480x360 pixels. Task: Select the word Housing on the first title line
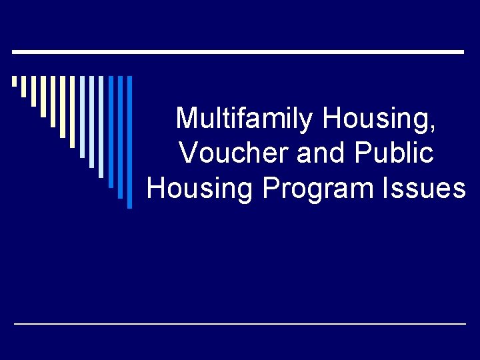click(x=378, y=119)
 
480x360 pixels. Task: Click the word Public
click(x=395, y=153)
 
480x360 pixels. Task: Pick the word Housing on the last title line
click(x=200, y=188)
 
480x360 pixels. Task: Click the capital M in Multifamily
click(x=187, y=119)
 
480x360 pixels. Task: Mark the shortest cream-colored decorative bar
click(x=14, y=82)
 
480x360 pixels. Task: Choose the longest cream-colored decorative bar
click(x=63, y=107)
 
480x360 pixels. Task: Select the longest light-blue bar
click(x=101, y=127)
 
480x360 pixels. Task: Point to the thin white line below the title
click(x=240, y=323)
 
